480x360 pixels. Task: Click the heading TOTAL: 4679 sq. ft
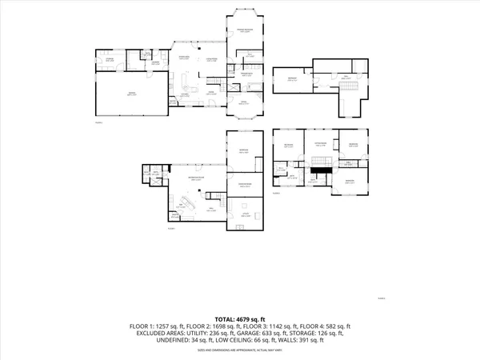tap(239, 318)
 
